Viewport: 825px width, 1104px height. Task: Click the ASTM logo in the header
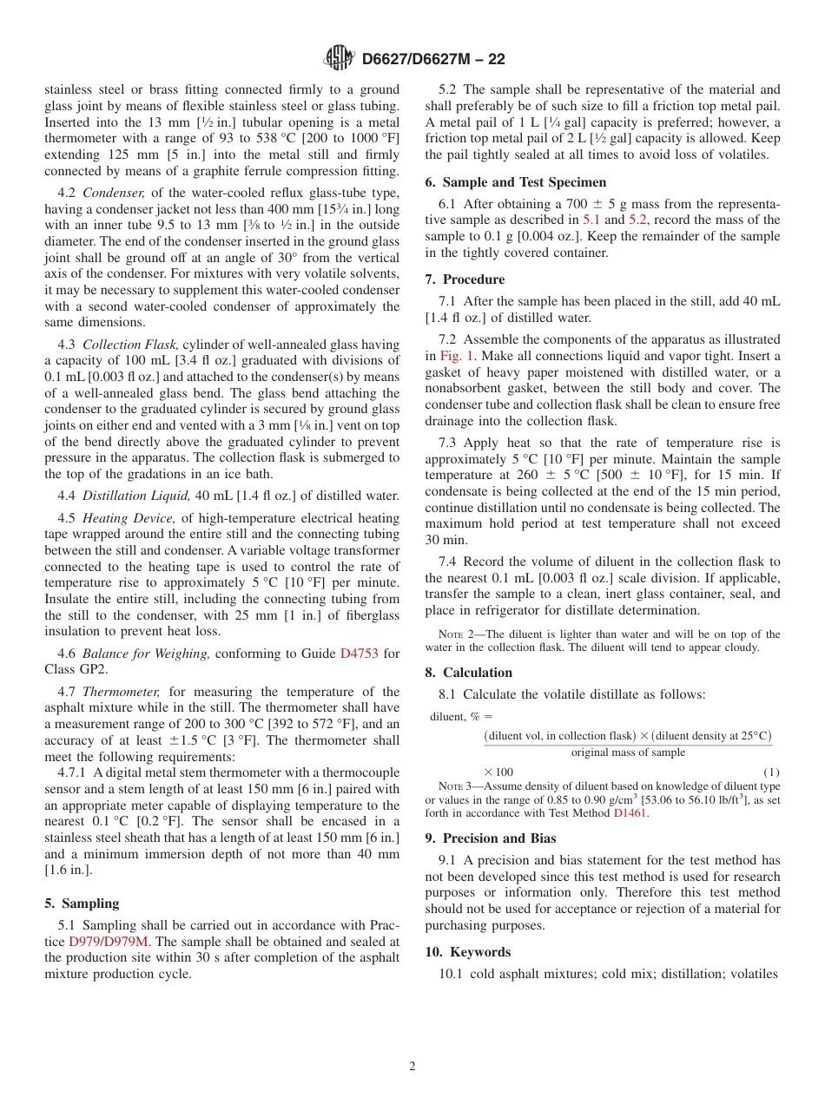(x=339, y=58)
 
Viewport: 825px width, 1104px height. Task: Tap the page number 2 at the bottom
(x=412, y=1067)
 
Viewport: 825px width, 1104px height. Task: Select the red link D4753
(x=360, y=654)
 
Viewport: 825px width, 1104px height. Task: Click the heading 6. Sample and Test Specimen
(x=516, y=182)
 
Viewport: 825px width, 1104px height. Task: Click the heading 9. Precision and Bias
(x=491, y=838)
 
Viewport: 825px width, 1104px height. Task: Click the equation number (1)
(x=771, y=772)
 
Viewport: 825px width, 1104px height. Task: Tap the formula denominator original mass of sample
(x=628, y=752)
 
